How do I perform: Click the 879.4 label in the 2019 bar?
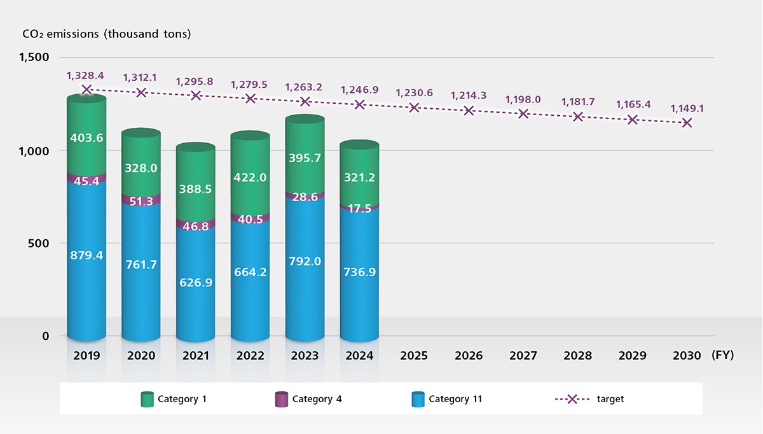[86, 256]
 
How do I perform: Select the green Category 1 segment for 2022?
[250, 178]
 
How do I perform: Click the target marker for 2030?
[687, 123]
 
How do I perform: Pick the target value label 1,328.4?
[85, 76]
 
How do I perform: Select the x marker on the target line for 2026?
[469, 111]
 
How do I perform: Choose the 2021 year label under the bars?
[196, 356]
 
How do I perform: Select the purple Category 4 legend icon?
[281, 399]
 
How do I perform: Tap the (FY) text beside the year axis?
[722, 356]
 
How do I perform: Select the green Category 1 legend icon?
[147, 399]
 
